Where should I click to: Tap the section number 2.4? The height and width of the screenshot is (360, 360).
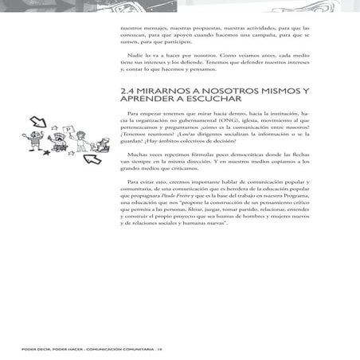tap(127, 92)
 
